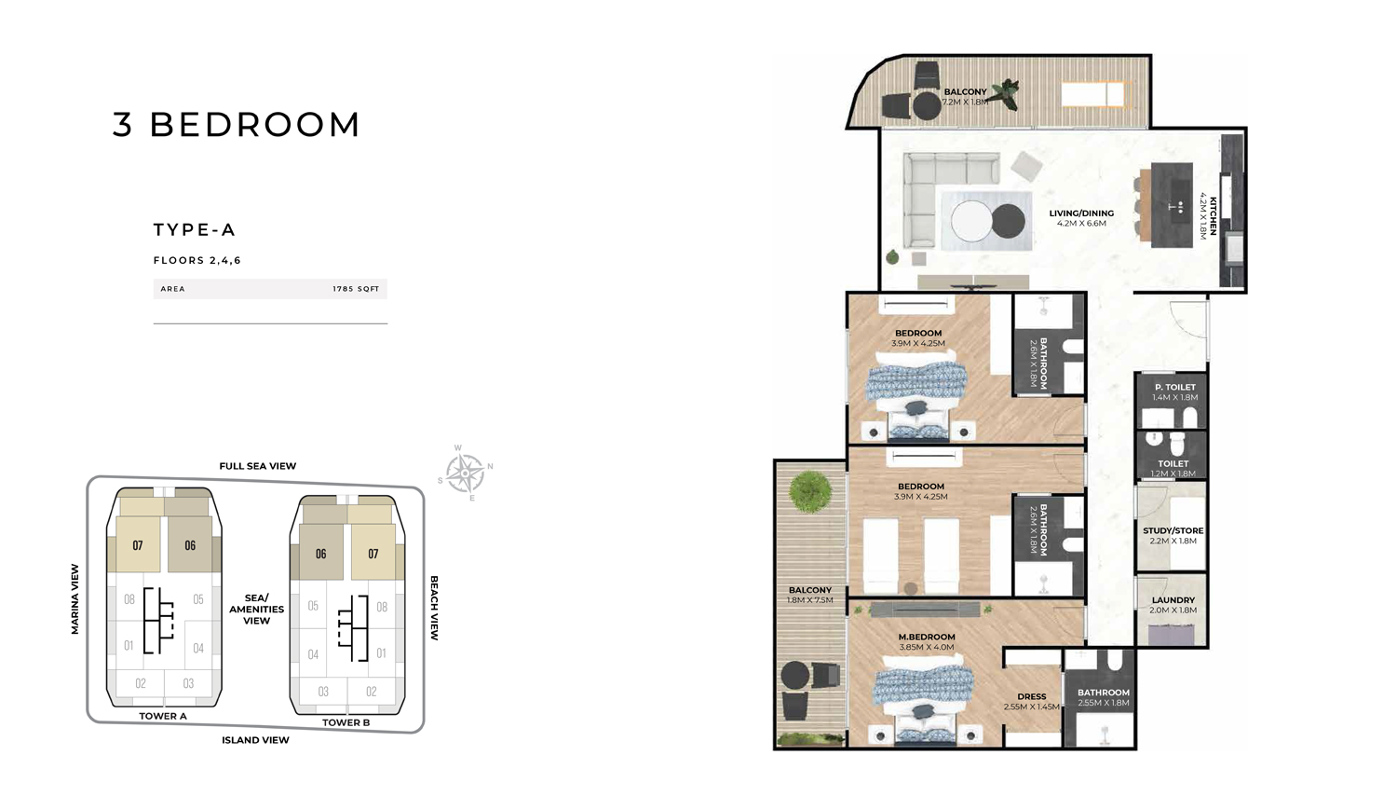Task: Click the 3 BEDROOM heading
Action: coord(236,125)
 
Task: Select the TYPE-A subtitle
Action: coord(195,230)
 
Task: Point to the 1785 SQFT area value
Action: coord(356,289)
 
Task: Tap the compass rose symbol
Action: coord(465,473)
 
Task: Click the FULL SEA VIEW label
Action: coord(258,466)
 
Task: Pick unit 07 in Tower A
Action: coord(138,545)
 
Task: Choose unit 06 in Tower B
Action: coord(320,554)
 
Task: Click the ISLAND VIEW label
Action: coord(255,740)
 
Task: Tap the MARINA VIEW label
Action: coord(75,599)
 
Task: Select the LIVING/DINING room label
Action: coord(1081,213)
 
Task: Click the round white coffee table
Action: coord(970,222)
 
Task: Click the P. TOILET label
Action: coord(1174,387)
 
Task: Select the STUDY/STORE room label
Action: coord(1173,530)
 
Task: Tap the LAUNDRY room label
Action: coord(1173,600)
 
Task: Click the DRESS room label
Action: coord(1031,696)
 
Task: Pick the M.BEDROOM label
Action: coord(927,637)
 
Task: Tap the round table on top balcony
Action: coord(927,105)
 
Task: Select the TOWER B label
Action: coord(346,722)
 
